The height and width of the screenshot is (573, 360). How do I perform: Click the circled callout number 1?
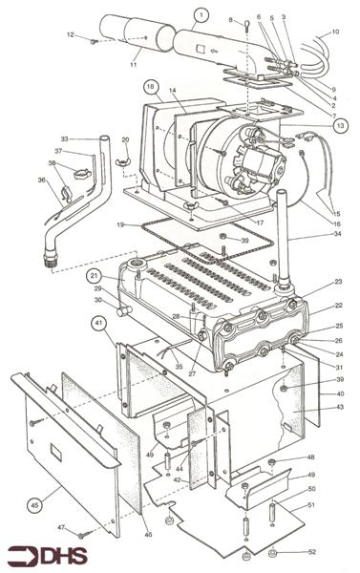(201, 14)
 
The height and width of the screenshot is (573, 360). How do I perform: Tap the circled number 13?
(341, 126)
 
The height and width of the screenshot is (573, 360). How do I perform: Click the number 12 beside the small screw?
(71, 35)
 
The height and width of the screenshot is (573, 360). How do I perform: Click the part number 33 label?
(64, 138)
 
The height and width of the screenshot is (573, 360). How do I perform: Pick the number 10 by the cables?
(335, 32)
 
